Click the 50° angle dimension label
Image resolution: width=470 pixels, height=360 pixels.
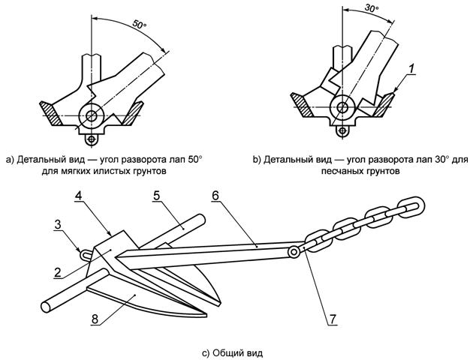139,25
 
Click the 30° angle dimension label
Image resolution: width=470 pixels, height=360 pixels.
372,8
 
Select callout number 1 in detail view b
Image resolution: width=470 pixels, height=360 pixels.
411,69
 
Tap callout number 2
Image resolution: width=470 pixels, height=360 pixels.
58,272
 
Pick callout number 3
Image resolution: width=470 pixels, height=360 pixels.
59,225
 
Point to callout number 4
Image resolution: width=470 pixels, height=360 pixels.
79,196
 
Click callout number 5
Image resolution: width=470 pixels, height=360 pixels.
156,196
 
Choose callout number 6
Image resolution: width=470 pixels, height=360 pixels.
215,196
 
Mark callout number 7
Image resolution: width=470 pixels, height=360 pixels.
333,319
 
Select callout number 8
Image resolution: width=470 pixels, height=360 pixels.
95,319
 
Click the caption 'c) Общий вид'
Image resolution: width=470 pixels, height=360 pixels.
232,352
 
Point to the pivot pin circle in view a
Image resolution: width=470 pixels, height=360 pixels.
92,115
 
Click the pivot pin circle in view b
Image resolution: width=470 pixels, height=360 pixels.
342,107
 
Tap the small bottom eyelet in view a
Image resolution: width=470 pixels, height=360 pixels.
92,139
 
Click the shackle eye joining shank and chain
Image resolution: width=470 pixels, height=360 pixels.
294,252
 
